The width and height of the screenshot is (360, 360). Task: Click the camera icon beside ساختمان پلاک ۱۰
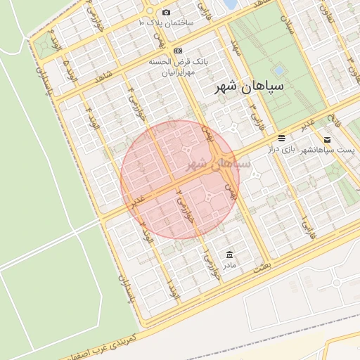click(x=166, y=13)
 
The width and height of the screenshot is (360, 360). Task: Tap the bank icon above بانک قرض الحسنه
click(x=178, y=51)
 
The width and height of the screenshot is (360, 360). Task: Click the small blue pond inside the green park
click(x=279, y=71)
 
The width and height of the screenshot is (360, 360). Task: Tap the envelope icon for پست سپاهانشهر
click(x=327, y=139)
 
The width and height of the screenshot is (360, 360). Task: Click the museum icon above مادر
click(x=229, y=255)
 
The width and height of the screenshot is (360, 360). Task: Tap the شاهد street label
click(x=103, y=75)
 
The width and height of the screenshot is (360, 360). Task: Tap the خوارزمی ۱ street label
click(x=209, y=265)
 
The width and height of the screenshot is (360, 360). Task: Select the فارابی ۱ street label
click(x=306, y=226)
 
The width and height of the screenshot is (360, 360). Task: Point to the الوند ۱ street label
click(x=172, y=288)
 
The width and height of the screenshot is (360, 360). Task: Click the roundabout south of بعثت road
click(x=336, y=283)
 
